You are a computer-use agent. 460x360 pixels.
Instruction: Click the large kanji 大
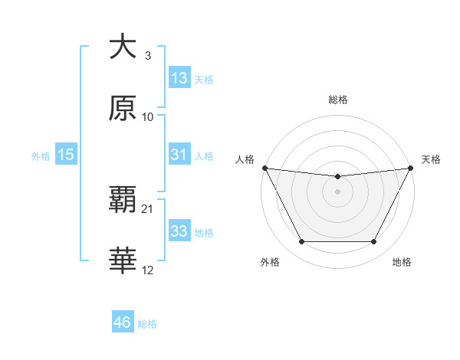tap(123, 47)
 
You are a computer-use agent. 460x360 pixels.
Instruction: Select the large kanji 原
tap(123, 108)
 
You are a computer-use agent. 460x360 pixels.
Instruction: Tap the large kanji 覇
tap(123, 200)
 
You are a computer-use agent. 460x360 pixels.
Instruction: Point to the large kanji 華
tap(123, 261)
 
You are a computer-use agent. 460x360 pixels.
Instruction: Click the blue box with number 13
tap(179, 78)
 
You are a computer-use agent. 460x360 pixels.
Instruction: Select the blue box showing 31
tap(179, 155)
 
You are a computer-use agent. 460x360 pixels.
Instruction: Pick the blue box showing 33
tap(179, 231)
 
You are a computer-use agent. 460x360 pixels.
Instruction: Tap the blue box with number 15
tap(66, 155)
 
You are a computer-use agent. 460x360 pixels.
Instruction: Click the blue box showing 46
tap(123, 322)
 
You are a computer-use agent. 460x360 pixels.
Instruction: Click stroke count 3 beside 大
tap(148, 56)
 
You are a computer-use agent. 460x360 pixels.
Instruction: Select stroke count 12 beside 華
tap(148, 270)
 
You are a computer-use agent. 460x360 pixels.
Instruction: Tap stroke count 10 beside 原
tap(148, 117)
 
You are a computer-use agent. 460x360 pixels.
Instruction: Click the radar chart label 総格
tap(337, 100)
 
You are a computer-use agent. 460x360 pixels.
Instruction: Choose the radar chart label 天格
tap(431, 159)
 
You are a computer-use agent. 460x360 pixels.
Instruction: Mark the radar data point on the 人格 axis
tap(264, 168)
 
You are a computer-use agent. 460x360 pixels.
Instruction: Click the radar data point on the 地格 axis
tap(373, 242)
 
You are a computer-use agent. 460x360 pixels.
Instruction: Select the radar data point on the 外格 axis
tap(301, 242)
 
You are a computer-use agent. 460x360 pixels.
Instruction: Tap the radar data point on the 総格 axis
tap(337, 178)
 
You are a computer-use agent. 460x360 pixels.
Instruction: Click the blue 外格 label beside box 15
tap(41, 155)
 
